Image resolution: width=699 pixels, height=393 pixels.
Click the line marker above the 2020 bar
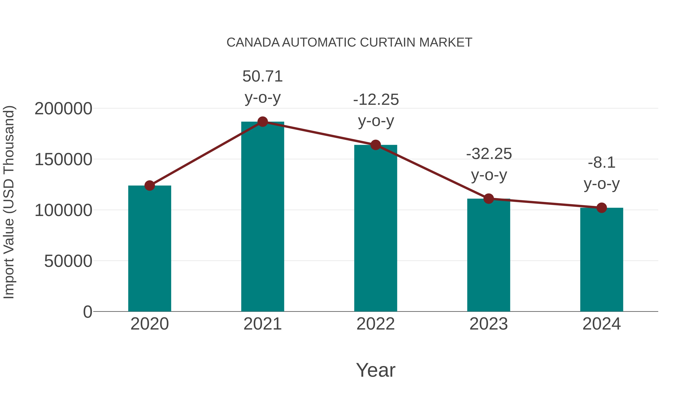pos(150,186)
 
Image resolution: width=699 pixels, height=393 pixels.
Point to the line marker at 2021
pos(262,122)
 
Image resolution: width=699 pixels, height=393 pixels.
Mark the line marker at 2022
pos(376,145)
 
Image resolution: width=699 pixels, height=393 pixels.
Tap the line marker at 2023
pos(489,199)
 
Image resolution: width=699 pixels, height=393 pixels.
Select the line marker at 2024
pos(602,208)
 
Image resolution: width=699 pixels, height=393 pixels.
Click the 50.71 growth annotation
pos(262,76)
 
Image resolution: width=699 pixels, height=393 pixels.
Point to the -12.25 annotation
pos(376,100)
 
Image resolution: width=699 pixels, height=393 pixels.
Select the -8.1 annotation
pos(602,163)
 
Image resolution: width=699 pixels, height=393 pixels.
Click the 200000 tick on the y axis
pos(63,109)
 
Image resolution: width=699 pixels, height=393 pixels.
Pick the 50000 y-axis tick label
pos(68,261)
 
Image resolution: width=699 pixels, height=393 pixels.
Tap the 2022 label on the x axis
pos(376,324)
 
